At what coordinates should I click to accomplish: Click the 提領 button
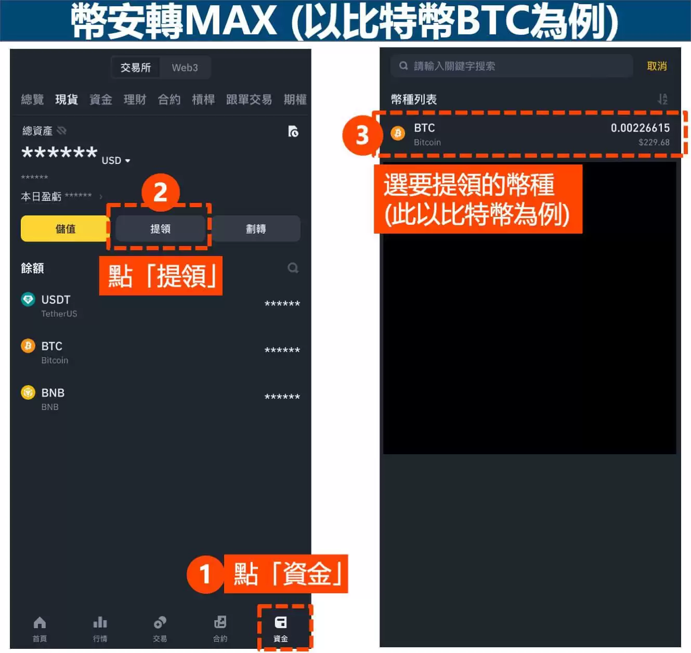tap(160, 228)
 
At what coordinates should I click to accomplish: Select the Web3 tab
tap(185, 68)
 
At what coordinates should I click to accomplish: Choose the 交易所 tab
tap(136, 68)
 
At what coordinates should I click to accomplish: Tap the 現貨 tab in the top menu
tap(67, 99)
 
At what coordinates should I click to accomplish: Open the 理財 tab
tap(135, 99)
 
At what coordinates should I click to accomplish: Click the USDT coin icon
tap(28, 300)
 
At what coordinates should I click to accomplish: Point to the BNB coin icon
tap(28, 392)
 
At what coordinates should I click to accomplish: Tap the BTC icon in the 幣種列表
tap(398, 133)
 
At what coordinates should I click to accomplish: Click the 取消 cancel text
tap(657, 66)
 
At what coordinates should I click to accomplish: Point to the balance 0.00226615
tap(640, 128)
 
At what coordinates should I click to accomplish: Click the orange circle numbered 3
tap(362, 135)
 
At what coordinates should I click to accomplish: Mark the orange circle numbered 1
tap(205, 574)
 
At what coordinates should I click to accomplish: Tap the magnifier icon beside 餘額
tap(293, 268)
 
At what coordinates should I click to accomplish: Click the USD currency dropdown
tap(116, 160)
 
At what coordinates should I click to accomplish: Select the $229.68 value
tap(654, 143)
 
